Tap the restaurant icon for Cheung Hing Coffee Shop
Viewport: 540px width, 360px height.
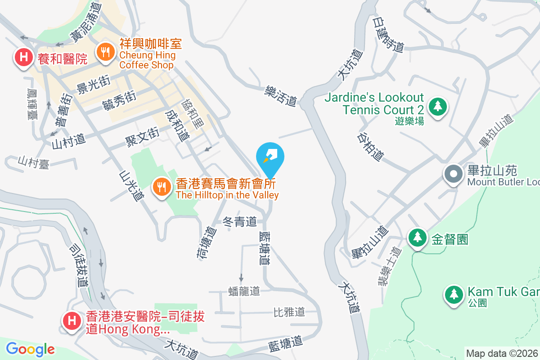pyautogui.click(x=105, y=52)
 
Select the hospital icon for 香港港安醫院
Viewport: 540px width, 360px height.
pyautogui.click(x=71, y=321)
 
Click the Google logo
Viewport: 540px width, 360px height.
pyautogui.click(x=30, y=349)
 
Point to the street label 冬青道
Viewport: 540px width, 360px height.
pyautogui.click(x=240, y=221)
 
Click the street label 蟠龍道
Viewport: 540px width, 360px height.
pyautogui.click(x=244, y=291)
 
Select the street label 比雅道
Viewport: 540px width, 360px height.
pyautogui.click(x=289, y=311)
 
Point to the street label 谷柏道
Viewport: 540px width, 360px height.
pyautogui.click(x=371, y=146)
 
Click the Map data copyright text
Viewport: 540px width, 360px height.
pyautogui.click(x=502, y=353)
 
